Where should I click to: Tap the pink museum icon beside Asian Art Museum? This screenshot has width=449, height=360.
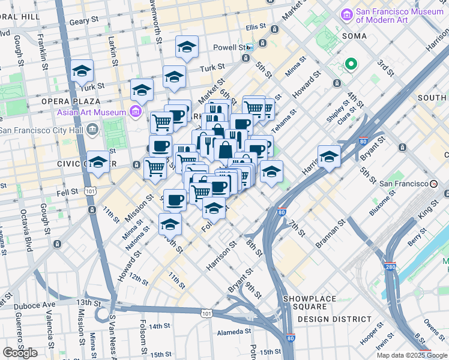click(136, 112)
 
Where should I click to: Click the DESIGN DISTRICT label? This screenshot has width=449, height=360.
click(334, 319)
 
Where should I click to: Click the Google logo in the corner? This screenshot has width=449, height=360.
click(20, 353)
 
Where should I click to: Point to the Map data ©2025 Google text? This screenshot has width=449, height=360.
click(412, 355)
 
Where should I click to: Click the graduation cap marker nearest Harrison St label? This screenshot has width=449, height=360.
click(329, 157)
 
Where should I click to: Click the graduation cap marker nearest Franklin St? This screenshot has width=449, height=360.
click(82, 71)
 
